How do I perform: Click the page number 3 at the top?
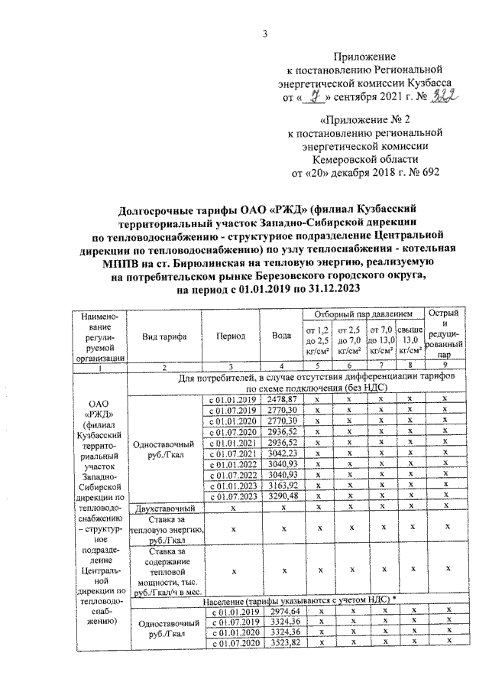(265, 33)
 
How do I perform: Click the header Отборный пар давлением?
(358, 314)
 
